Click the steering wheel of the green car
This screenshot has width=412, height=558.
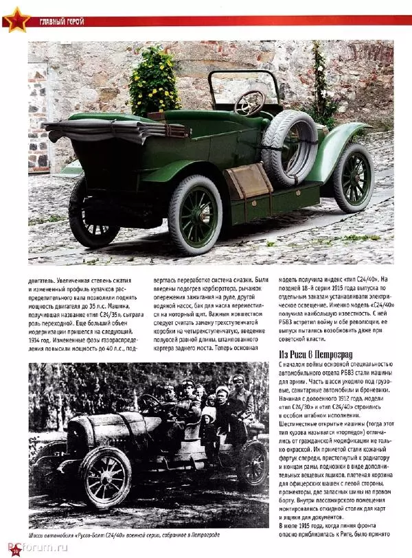click(x=250, y=102)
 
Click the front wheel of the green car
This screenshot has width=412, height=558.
click(x=354, y=178)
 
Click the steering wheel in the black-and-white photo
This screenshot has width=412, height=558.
click(x=152, y=404)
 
